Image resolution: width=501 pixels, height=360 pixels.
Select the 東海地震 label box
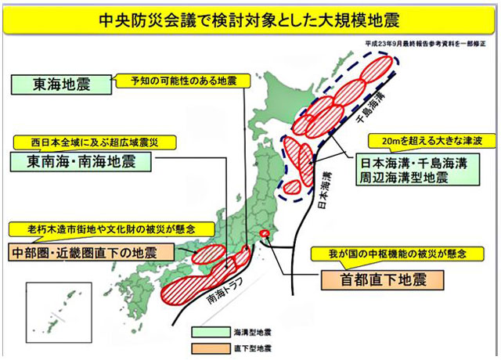tap(54, 85)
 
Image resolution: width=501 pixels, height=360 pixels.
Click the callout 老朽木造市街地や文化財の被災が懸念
tap(102, 229)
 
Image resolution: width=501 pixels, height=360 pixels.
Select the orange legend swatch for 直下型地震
tap(207, 347)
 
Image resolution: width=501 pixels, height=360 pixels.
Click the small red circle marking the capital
tap(264, 233)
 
